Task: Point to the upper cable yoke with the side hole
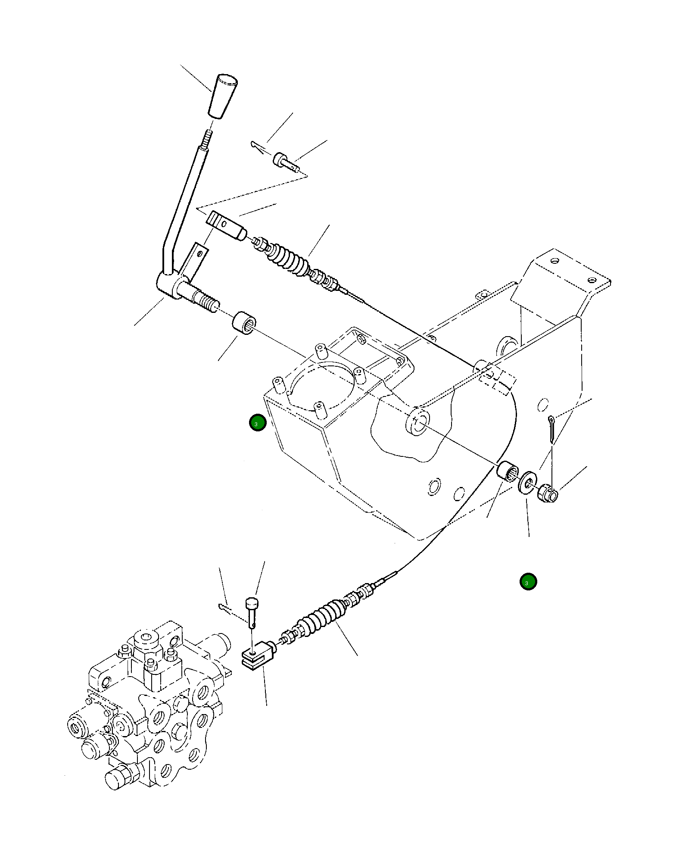(x=225, y=225)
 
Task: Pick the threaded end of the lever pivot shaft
(x=208, y=301)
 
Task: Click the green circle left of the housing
(x=258, y=423)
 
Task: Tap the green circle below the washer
(x=528, y=582)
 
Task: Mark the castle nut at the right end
(x=548, y=493)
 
